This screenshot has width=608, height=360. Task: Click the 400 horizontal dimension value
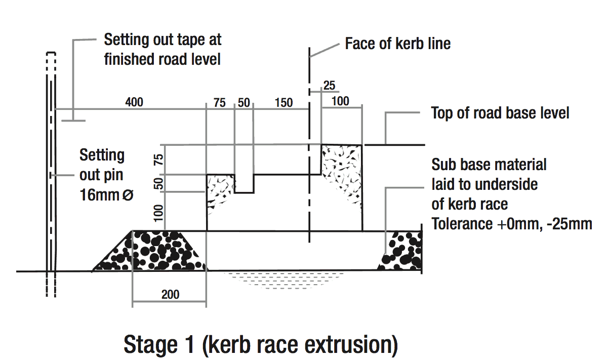(x=134, y=102)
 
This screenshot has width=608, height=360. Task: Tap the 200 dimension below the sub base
(x=170, y=294)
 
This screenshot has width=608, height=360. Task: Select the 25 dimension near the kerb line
(x=329, y=85)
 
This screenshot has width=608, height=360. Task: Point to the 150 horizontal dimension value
(x=283, y=103)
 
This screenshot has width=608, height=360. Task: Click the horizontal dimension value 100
(x=340, y=101)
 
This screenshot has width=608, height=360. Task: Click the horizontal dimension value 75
(x=220, y=103)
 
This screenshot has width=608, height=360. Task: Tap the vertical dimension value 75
(x=159, y=160)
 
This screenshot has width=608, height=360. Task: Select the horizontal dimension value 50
(x=244, y=103)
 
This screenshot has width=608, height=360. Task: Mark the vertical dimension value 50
(x=159, y=184)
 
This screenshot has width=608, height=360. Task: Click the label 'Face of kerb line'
(x=397, y=44)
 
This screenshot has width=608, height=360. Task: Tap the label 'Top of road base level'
(x=500, y=113)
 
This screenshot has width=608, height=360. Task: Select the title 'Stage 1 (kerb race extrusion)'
(x=260, y=345)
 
